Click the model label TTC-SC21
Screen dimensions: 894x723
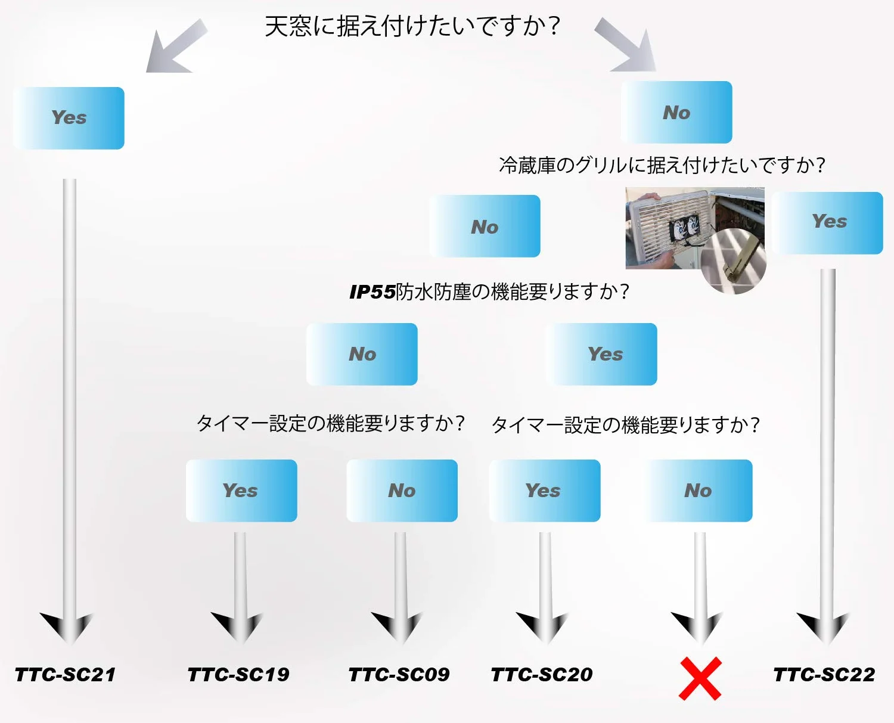(65, 675)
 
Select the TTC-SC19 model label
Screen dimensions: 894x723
(238, 675)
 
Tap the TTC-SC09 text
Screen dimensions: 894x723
(399, 675)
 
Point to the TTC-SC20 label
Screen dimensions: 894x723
(541, 675)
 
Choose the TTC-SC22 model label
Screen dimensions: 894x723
(824, 675)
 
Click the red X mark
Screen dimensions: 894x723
(700, 678)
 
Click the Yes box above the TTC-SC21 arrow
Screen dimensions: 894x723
(69, 118)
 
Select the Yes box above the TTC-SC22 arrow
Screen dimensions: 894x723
(828, 223)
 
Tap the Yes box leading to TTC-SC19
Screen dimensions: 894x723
(241, 491)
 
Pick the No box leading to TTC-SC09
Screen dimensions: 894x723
(402, 491)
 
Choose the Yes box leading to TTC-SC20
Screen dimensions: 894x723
(545, 491)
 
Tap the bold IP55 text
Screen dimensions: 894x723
(372, 292)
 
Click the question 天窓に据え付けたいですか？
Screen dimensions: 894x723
(412, 27)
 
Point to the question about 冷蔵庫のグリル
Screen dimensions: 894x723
(662, 165)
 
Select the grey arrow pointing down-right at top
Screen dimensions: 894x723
(626, 45)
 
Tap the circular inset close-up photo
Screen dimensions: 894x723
(734, 262)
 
